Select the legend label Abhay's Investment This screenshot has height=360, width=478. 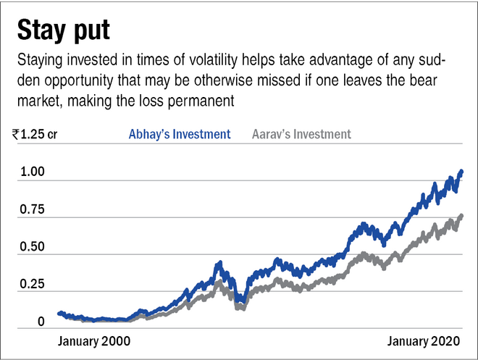[x=180, y=134]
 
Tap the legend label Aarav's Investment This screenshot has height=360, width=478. [x=301, y=134]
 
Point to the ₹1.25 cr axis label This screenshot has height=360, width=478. [x=35, y=134]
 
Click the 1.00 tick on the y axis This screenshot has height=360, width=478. [x=32, y=172]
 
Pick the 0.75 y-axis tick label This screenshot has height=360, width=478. [x=32, y=210]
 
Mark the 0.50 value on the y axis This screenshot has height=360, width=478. [x=32, y=247]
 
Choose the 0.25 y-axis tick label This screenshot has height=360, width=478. [x=32, y=284]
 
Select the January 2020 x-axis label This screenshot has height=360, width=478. [x=416, y=339]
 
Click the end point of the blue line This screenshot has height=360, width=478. [x=462, y=172]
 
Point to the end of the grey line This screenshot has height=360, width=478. [x=462, y=216]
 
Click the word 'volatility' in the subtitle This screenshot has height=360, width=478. [x=198, y=58]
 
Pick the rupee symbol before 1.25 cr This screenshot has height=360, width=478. [x=15, y=134]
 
